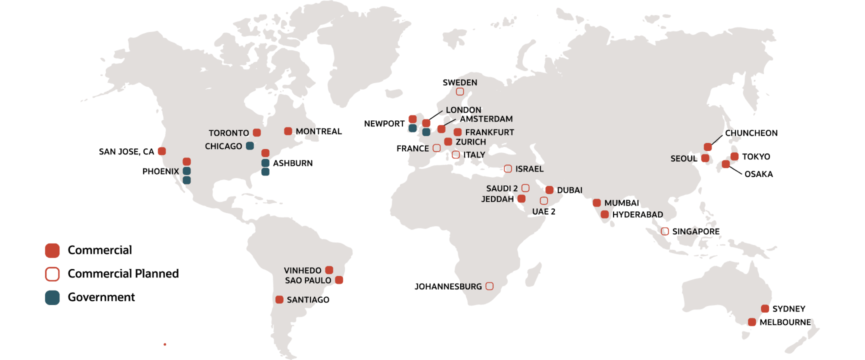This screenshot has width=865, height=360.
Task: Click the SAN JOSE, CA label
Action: pos(126,151)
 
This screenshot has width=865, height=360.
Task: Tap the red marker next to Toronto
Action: pos(257,132)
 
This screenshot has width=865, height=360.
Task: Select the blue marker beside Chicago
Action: pos(250,146)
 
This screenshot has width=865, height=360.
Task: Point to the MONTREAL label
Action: pos(318,131)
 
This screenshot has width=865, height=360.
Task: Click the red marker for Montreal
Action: pos(288,131)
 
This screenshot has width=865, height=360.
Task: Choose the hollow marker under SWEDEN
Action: pos(460,91)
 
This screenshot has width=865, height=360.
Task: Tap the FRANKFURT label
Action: pos(489,132)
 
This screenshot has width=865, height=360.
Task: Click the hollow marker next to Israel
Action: pos(508,168)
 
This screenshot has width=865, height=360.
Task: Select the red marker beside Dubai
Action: pos(549,190)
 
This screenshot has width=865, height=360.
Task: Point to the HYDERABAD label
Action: pos(637,214)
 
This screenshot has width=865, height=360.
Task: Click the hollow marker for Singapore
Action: pos(665,231)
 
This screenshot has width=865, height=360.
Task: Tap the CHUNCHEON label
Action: pos(751,133)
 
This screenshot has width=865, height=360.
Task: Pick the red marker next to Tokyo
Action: pos(734,156)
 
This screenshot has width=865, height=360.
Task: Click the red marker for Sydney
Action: pos(765,308)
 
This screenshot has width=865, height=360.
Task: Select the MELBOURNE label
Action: pos(785,322)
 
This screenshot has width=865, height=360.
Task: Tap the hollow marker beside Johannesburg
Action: pos(489,286)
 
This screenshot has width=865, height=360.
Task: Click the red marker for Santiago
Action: pos(279,299)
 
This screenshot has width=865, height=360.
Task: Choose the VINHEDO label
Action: pos(302,270)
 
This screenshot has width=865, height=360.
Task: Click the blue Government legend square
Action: pos(52,297)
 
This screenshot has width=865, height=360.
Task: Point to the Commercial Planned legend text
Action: pos(123,273)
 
